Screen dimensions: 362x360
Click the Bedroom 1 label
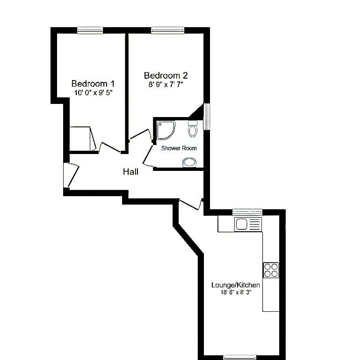pyautogui.click(x=93, y=83)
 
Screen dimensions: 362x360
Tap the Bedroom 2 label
pyautogui.click(x=166, y=75)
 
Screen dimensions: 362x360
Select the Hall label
pyautogui.click(x=130, y=172)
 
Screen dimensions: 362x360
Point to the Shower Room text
pyautogui.click(x=179, y=148)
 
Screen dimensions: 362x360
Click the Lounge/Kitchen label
pyautogui.click(x=235, y=285)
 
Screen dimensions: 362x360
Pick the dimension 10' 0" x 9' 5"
pyautogui.click(x=93, y=93)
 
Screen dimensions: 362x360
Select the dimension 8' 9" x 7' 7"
pyautogui.click(x=166, y=85)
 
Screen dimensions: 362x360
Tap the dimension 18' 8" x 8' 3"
pyautogui.click(x=236, y=292)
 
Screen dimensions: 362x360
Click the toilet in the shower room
pyautogui.click(x=193, y=129)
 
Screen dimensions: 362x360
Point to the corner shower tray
pyautogui.click(x=165, y=130)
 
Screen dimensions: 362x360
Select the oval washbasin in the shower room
pyautogui.click(x=189, y=162)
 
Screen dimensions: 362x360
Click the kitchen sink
pyautogui.click(x=248, y=224)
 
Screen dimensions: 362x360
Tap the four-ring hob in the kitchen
pyautogui.click(x=271, y=270)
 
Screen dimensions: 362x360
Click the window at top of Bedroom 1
pyautogui.click(x=90, y=30)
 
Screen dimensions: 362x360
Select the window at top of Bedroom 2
pyautogui.click(x=167, y=30)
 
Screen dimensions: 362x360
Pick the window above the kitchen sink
pyautogui.click(x=247, y=212)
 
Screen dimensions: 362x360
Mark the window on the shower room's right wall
pyautogui.click(x=207, y=117)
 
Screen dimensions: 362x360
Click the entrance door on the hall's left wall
pyautogui.click(x=71, y=175)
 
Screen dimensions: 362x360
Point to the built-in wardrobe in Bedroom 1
pyautogui.click(x=83, y=139)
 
